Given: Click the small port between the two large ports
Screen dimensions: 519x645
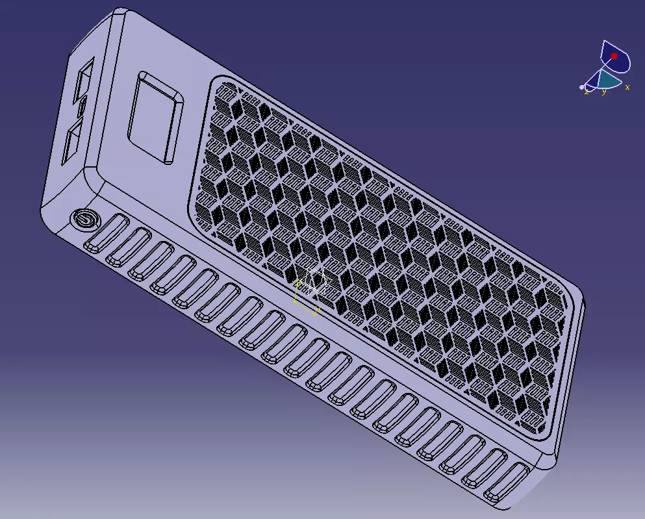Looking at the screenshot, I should point(82,107).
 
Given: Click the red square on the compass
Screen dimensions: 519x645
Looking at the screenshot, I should point(614,57).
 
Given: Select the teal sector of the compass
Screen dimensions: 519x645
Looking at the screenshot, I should point(609,80).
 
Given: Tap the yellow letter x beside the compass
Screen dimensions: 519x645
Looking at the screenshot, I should point(627,87).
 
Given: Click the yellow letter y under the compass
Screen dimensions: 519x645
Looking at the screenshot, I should point(604,92).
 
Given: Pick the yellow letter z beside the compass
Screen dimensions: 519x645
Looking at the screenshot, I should point(587,92).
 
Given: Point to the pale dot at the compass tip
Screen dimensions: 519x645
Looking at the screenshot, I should point(582,86).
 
